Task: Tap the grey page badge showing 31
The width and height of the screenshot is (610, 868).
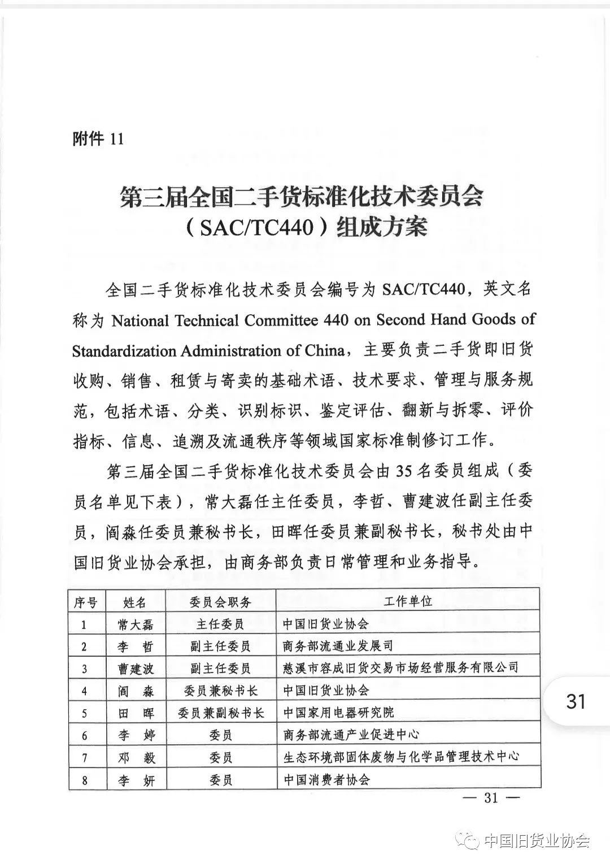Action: [x=576, y=701]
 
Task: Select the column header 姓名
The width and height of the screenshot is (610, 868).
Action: [x=134, y=602]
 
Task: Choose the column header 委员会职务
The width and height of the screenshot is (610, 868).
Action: [x=220, y=602]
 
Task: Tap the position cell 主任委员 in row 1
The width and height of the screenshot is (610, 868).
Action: [x=220, y=624]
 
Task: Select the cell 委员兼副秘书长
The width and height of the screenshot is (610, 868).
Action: [x=220, y=713]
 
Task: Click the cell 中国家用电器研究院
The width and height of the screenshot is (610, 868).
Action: [x=338, y=713]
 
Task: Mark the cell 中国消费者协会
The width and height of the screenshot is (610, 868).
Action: [x=326, y=780]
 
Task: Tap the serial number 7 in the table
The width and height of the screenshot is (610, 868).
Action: [x=85, y=757]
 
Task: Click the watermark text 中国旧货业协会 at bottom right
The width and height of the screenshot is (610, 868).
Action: [x=537, y=841]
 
